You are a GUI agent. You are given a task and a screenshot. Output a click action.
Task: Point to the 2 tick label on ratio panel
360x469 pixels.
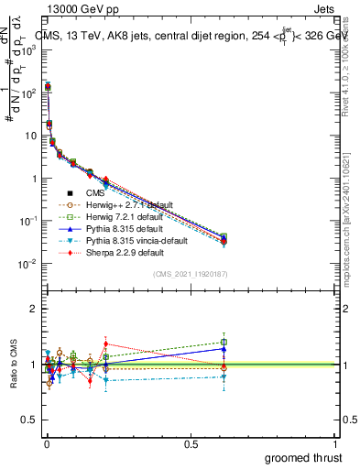coord(33,309)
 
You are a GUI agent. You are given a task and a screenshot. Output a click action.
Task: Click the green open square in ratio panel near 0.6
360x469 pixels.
coord(224,343)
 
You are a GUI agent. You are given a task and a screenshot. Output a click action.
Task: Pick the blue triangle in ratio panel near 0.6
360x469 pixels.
coord(224,349)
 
